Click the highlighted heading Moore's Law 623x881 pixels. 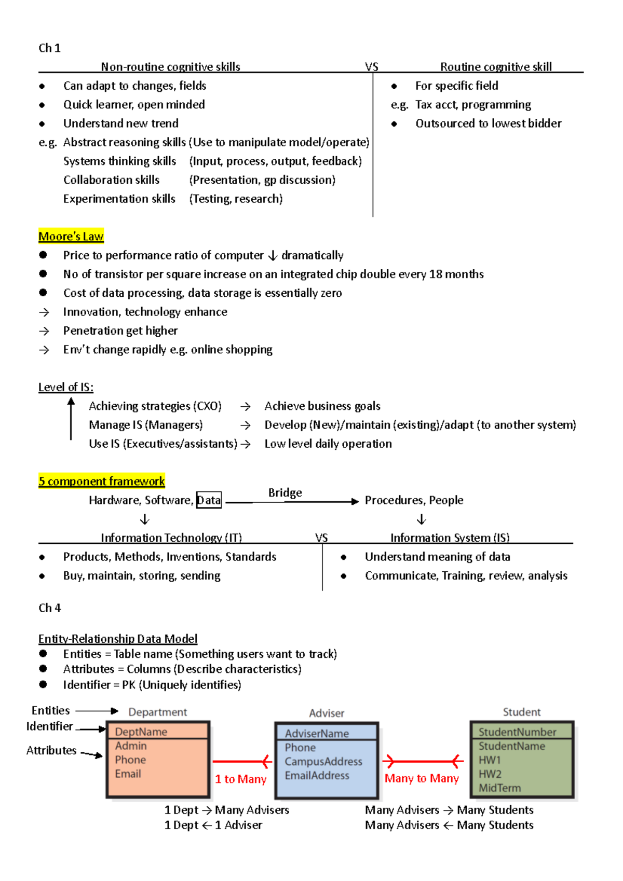71,237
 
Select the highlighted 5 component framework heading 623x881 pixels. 102,481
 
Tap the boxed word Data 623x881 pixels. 209,500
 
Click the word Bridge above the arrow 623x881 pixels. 285,492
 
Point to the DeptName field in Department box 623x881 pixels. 141,732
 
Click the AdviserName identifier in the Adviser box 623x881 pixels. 317,733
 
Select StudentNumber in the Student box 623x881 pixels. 517,732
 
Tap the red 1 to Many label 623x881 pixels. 240,779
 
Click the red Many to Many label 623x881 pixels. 422,778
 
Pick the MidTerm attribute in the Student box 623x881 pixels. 499,788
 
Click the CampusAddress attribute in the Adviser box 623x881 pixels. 323,761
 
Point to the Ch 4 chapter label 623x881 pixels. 50,608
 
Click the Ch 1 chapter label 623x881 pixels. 50,48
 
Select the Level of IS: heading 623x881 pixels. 66,387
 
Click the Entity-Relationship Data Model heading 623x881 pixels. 118,639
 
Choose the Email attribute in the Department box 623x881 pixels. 128,774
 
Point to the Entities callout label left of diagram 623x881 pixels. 50,710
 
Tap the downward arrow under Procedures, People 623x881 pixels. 422,519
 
